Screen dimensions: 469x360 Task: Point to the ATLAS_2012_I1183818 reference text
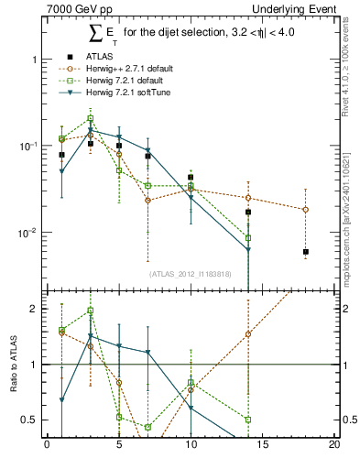coord(191,273)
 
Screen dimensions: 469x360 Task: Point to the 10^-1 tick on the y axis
coord(31,147)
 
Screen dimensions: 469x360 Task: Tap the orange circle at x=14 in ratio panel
coord(248,334)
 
